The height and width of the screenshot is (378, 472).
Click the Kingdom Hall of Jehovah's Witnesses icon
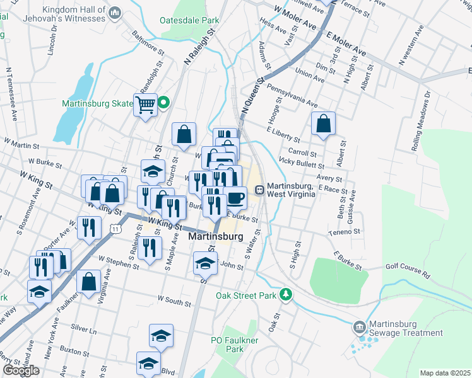pos(114,12)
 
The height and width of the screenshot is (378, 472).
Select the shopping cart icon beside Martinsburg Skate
pos(145,104)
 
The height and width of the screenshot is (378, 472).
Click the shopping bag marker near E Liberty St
pos(323,123)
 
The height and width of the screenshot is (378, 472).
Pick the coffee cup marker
pos(235,197)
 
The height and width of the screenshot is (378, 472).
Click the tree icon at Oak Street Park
pos(286,294)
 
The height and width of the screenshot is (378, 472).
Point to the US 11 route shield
pos(115,230)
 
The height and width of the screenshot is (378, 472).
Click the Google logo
pos(21,370)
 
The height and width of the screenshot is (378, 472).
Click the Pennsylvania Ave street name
pos(292,94)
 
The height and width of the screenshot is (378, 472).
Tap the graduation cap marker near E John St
pos(205,262)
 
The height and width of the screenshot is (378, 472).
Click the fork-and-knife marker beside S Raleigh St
pos(149,246)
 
